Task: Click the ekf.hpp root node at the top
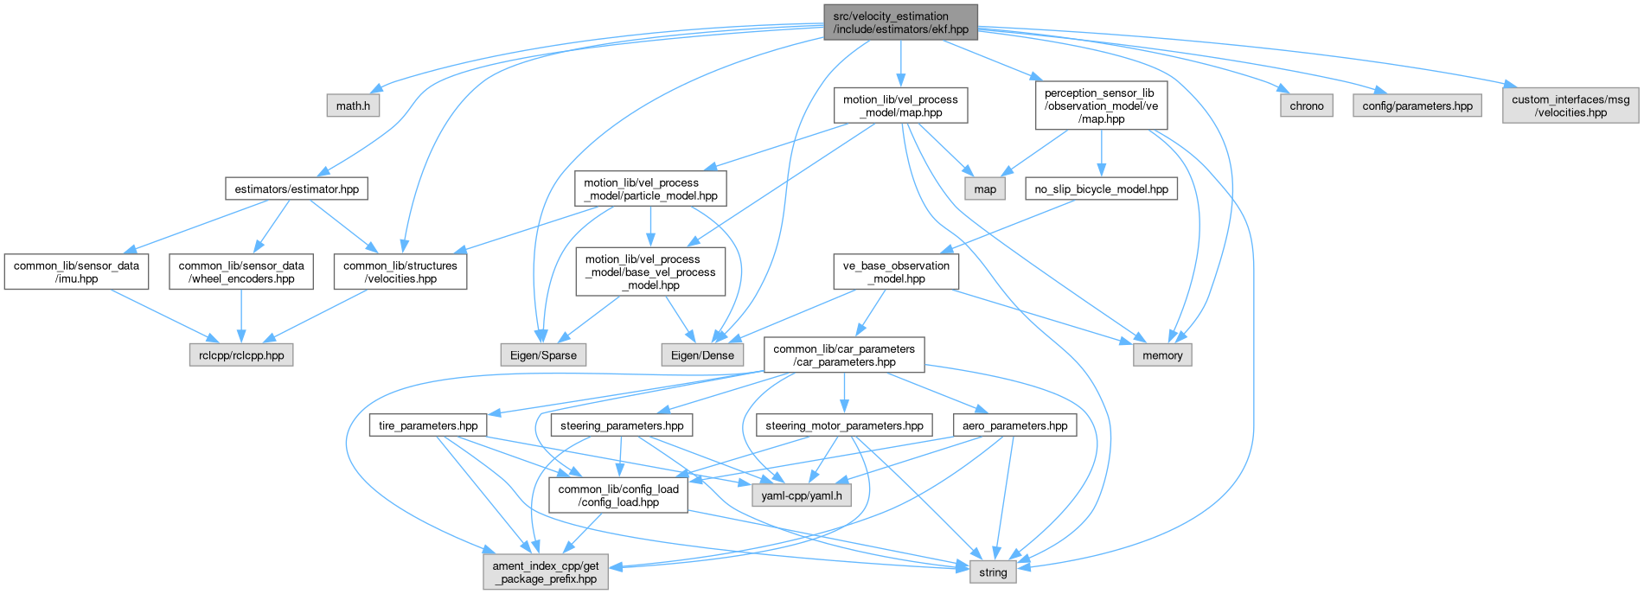[x=900, y=22]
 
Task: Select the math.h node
[x=354, y=105]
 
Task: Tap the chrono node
[x=1306, y=105]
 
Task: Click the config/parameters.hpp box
[x=1417, y=105]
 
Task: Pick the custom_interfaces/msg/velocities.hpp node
[x=1570, y=105]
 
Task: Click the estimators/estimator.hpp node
[x=297, y=188]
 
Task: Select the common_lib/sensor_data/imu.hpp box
[x=77, y=271]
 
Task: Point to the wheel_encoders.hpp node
[x=241, y=271]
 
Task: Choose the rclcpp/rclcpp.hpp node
[x=241, y=354]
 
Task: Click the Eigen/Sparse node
[x=543, y=354]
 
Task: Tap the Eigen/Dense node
[x=702, y=354]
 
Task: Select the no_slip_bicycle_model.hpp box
[x=1100, y=188]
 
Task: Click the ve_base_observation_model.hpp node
[x=896, y=271]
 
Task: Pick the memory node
[x=1162, y=354]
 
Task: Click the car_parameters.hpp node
[x=844, y=354]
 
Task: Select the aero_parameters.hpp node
[x=1014, y=425]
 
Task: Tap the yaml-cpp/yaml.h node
[x=801, y=496]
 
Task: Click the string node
[x=993, y=572]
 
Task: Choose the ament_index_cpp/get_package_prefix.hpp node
[x=545, y=572]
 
